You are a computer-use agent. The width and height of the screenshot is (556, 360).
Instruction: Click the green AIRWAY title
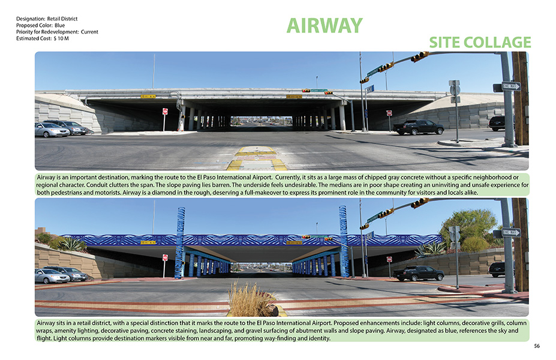(324, 26)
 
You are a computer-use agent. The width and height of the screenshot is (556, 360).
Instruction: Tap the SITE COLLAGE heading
(480, 42)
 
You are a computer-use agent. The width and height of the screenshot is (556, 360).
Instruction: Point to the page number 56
(537, 346)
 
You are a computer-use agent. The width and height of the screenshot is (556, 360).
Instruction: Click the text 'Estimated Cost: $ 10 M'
(43, 38)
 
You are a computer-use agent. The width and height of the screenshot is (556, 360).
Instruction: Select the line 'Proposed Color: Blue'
(40, 25)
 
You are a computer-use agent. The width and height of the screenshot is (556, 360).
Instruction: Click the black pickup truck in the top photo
(419, 127)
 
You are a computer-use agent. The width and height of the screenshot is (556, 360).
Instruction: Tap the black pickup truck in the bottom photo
(419, 273)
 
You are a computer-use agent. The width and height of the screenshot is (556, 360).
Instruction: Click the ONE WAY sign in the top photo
(512, 86)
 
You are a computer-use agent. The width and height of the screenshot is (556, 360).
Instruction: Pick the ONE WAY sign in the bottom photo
(512, 232)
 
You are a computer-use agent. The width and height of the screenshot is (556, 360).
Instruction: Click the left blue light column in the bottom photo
(180, 243)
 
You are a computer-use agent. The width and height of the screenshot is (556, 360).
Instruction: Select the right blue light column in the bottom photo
(343, 242)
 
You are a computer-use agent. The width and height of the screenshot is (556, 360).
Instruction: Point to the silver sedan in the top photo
(51, 130)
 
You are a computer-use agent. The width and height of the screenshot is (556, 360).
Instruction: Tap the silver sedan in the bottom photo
(51, 275)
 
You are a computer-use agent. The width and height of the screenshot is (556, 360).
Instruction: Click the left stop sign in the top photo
(165, 112)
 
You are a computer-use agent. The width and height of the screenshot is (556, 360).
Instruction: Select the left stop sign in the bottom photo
(165, 257)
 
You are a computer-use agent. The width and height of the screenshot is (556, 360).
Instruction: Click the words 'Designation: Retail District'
(46, 19)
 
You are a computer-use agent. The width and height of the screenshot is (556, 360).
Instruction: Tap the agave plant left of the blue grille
(73, 244)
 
